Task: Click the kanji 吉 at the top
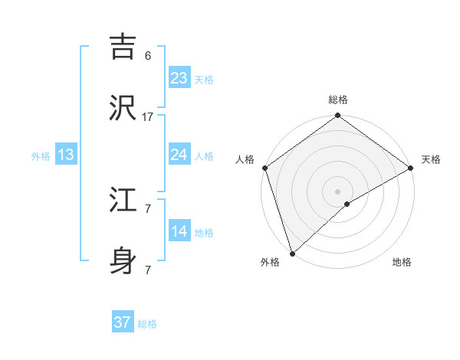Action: tap(124, 47)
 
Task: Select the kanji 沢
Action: tap(124, 109)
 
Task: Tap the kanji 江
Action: tap(124, 201)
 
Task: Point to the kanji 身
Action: tap(124, 262)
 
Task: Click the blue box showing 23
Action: tap(179, 78)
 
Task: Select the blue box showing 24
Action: tap(179, 155)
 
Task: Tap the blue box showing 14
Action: tap(179, 231)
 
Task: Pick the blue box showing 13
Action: tap(66, 155)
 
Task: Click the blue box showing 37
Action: tap(123, 322)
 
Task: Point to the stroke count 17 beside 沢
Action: tap(148, 116)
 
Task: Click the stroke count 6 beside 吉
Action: tap(148, 56)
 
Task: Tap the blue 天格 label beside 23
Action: tap(204, 80)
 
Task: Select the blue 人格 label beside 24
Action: tap(204, 156)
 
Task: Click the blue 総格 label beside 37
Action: tap(147, 324)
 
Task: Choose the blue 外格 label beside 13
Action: tap(41, 156)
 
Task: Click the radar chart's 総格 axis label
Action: tap(338, 100)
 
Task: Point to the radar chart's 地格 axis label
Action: tap(402, 262)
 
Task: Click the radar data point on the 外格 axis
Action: tap(292, 253)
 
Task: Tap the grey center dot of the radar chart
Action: tap(337, 190)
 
